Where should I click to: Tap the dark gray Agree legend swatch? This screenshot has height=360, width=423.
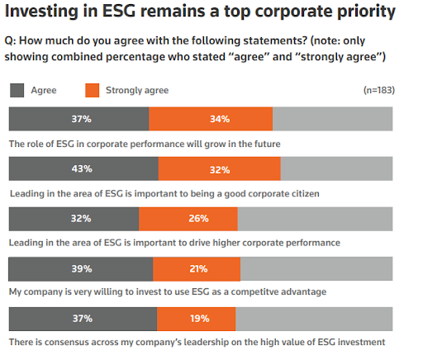coord(17,90)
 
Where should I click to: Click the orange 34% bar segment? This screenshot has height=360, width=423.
coord(211,119)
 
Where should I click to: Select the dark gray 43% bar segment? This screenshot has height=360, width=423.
coord(83,168)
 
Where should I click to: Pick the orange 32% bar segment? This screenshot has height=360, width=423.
coord(219,168)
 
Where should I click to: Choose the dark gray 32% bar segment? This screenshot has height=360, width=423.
coord(74,219)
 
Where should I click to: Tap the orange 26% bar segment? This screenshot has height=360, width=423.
coord(188,219)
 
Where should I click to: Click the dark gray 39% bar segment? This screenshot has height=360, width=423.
coord(80,268)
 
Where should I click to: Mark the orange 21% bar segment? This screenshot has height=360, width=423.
coord(197,268)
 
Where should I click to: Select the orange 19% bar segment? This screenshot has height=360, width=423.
coord(196,319)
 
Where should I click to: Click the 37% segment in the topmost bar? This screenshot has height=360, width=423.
coord(78,119)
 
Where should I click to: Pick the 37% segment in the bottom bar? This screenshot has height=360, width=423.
coord(82,319)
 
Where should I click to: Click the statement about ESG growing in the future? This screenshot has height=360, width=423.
coord(145,143)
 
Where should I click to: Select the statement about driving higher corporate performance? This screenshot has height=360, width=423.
coord(173,243)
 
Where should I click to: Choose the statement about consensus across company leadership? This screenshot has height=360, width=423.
coord(197,342)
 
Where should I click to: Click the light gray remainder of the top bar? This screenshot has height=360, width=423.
coord(333,119)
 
